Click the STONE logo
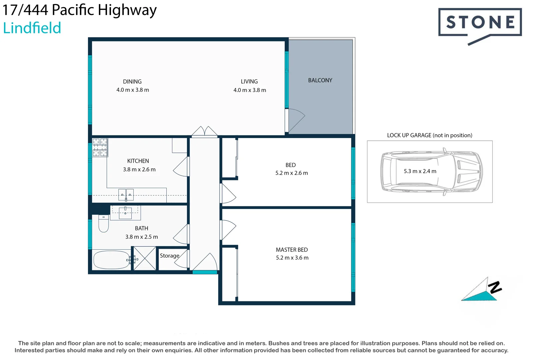(x=480, y=23)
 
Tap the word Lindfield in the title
(x=32, y=28)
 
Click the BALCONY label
(x=320, y=80)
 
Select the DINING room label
(x=132, y=82)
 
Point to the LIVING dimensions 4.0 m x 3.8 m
(x=250, y=90)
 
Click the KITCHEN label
(x=138, y=161)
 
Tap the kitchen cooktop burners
(x=100, y=147)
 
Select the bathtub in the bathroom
(x=111, y=260)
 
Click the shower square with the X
(x=145, y=258)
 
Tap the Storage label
(x=169, y=256)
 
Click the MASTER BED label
(x=292, y=250)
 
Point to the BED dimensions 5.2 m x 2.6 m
(x=292, y=173)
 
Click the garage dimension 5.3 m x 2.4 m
(x=420, y=171)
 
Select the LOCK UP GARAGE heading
(x=429, y=135)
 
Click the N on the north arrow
(x=495, y=287)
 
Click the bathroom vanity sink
(x=125, y=212)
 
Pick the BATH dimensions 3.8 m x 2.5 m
(x=142, y=237)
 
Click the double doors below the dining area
(x=204, y=132)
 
